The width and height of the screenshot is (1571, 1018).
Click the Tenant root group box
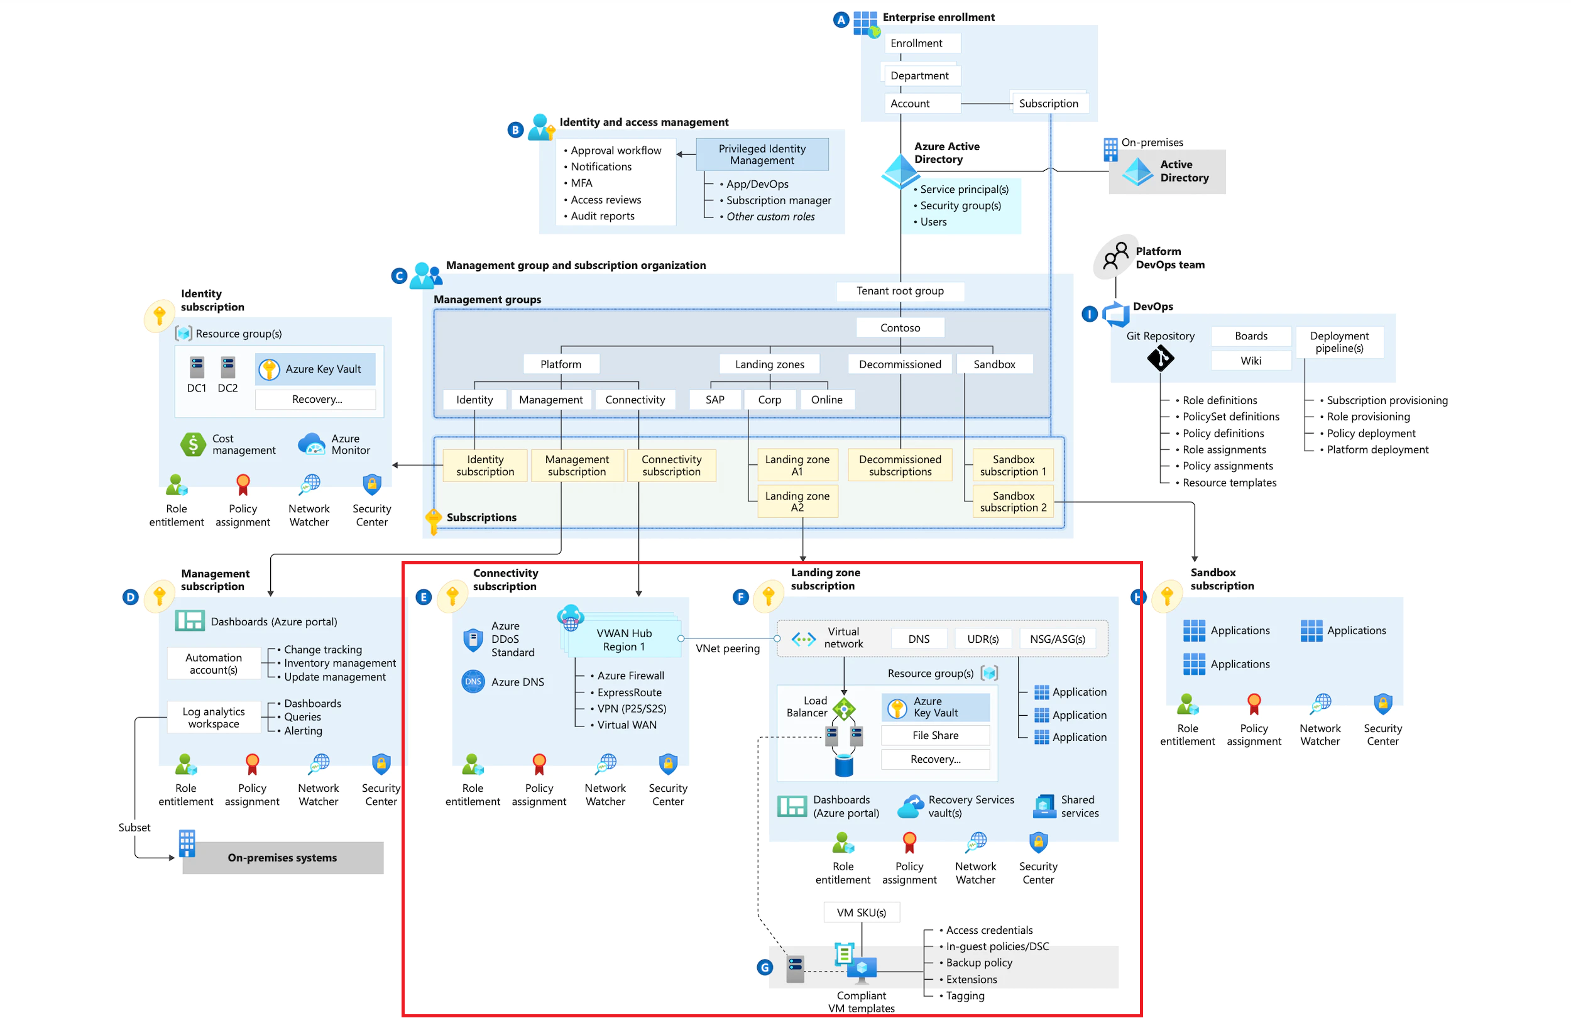(x=900, y=291)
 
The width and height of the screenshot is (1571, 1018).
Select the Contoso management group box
(x=900, y=328)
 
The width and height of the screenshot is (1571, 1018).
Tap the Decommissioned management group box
(x=900, y=364)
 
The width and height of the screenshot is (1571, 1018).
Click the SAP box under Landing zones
(x=715, y=400)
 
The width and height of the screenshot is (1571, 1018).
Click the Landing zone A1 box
(x=797, y=466)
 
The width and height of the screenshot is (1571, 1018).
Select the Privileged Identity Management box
(x=762, y=155)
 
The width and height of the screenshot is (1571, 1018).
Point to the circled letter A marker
(x=840, y=20)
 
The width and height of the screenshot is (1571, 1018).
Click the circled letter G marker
(x=764, y=968)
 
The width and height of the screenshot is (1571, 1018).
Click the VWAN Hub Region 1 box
(x=624, y=640)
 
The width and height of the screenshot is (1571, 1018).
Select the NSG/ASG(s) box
(x=1057, y=639)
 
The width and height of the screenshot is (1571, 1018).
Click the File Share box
(x=934, y=735)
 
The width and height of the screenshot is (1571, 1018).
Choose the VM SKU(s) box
(x=861, y=912)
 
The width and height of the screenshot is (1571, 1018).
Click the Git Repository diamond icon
(x=1160, y=358)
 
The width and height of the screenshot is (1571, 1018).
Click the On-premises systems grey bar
(x=283, y=858)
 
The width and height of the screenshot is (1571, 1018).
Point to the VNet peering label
(x=728, y=649)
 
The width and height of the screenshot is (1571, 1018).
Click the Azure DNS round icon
(x=473, y=682)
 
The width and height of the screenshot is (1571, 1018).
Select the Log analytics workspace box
(x=213, y=718)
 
